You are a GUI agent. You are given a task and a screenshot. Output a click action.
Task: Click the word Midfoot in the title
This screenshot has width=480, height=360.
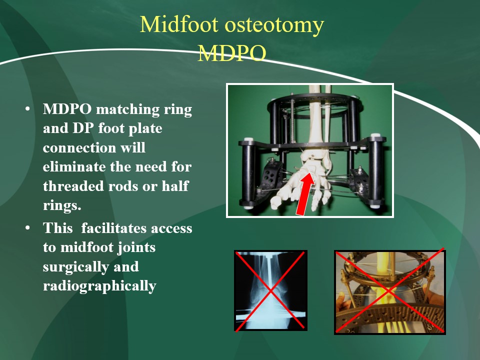(179, 24)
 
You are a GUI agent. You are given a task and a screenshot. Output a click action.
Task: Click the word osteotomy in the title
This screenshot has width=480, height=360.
(274, 25)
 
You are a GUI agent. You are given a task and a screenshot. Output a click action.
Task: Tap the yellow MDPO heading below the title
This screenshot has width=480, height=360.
(231, 53)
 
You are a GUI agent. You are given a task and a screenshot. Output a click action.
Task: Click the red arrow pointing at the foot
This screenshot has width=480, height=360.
(304, 194)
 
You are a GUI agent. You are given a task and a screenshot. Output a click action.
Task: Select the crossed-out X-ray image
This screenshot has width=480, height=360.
(270, 290)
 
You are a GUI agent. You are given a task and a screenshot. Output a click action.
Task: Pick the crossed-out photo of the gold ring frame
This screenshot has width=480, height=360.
(389, 291)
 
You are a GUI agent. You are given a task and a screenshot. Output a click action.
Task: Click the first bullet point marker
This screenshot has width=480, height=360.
(28, 109)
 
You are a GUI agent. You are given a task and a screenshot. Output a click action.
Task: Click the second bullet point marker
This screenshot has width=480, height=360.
(28, 228)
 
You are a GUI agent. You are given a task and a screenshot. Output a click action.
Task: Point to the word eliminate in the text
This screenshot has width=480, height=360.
(73, 167)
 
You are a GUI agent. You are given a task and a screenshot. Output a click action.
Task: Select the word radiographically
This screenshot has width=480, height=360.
(100, 286)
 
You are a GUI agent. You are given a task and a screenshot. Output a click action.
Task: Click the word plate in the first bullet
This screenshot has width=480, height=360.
(145, 128)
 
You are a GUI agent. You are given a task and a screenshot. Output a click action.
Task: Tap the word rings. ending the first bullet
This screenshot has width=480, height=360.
(62, 205)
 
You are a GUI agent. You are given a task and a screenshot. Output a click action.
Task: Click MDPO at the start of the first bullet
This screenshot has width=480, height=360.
(67, 109)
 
